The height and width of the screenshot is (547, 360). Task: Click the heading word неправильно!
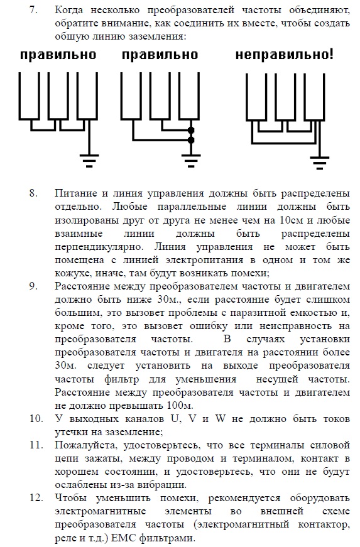coord(285,55)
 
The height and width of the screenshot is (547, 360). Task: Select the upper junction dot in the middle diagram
coord(191,130)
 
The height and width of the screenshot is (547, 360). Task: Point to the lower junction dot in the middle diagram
coord(191,140)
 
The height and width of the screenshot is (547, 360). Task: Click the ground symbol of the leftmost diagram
coord(89,161)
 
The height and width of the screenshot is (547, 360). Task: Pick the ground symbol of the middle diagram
coord(191,161)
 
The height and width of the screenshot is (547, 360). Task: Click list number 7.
coord(33,10)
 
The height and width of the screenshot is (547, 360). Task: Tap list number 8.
coord(33,193)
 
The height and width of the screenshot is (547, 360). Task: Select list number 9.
coord(33,286)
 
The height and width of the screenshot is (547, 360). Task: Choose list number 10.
coord(36,419)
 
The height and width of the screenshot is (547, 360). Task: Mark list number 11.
coord(36,445)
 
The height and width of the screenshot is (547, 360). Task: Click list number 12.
coord(36,498)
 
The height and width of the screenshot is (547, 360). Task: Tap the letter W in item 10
coord(220,419)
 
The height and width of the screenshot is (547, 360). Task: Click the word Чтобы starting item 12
coord(71,498)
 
